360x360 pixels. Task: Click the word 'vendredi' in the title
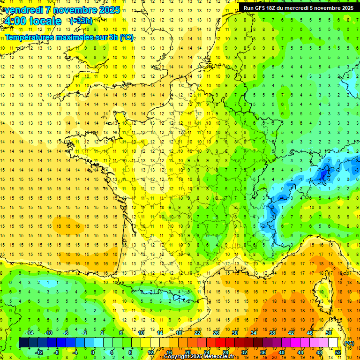coord(23,10)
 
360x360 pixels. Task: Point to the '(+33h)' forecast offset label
coord(81,21)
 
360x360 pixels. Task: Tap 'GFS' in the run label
coord(260,8)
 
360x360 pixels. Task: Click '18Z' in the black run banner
coord(272,8)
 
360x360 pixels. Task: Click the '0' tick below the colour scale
coord(93,352)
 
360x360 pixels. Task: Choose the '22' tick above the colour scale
coord(198,333)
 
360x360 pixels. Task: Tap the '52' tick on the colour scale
coord(338,352)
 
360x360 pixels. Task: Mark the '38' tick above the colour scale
coord(272,333)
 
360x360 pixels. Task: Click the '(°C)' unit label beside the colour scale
coord(349,343)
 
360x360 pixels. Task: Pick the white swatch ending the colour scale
coord(333,343)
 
